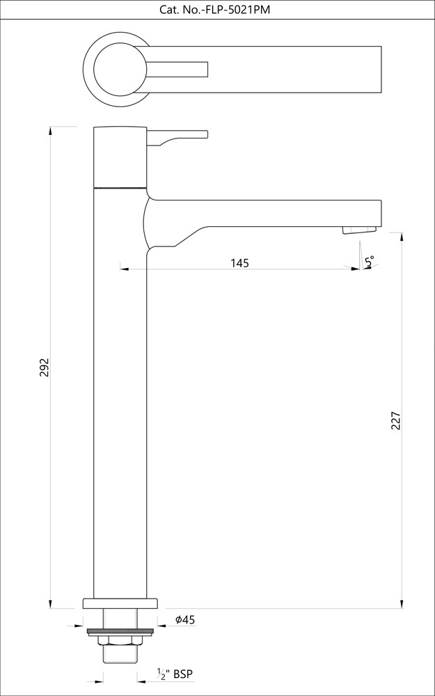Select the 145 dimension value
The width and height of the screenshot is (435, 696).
(x=239, y=263)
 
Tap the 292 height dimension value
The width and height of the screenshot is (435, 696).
(x=44, y=367)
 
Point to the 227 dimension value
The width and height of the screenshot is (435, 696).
(x=395, y=420)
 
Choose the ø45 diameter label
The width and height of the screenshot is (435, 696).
(x=184, y=619)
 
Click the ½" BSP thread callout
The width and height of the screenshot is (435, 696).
(x=175, y=674)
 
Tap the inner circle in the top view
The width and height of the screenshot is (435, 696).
(x=120, y=69)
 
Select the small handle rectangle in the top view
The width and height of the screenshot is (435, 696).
(x=177, y=69)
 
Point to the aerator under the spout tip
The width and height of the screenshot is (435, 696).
(x=358, y=230)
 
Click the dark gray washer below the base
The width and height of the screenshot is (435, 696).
(x=120, y=632)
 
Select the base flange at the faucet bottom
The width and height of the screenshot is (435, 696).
(x=120, y=603)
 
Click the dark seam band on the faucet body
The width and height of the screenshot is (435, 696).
(x=120, y=187)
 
